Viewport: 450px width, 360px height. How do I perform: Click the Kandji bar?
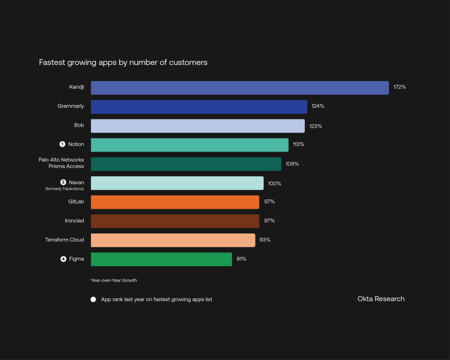pyautogui.click(x=240, y=88)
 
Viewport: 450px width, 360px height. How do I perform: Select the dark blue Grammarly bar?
pyautogui.click(x=199, y=107)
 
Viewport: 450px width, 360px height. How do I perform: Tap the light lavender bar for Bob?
pyautogui.click(x=198, y=126)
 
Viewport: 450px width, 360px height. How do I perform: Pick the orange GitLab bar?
pyautogui.click(x=175, y=202)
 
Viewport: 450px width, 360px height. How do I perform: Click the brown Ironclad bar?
pyautogui.click(x=175, y=221)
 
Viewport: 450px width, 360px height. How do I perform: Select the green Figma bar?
pyautogui.click(x=161, y=259)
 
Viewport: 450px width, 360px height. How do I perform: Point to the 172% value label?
pyautogui.click(x=399, y=87)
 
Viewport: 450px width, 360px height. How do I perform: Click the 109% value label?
pyautogui.click(x=292, y=164)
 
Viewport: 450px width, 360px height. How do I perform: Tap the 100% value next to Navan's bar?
pyautogui.click(x=274, y=184)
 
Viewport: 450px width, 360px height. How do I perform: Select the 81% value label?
pyautogui.click(x=241, y=259)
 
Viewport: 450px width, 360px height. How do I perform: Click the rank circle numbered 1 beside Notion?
pyautogui.click(x=62, y=144)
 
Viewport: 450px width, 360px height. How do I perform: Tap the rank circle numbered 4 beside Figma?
pyautogui.click(x=63, y=259)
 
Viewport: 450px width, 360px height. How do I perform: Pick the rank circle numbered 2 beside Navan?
pyautogui.click(x=63, y=182)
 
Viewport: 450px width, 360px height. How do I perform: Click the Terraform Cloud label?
pyautogui.click(x=65, y=240)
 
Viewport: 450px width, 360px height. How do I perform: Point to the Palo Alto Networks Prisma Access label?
pyautogui.click(x=62, y=163)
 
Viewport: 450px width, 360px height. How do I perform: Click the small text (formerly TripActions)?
pyautogui.click(x=65, y=189)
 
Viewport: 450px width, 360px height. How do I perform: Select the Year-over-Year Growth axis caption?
pyautogui.click(x=114, y=280)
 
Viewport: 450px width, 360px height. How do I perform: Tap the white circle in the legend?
pyautogui.click(x=93, y=300)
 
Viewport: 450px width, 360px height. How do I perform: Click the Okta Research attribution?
pyautogui.click(x=381, y=299)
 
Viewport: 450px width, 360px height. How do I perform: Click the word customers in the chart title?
pyautogui.click(x=188, y=63)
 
